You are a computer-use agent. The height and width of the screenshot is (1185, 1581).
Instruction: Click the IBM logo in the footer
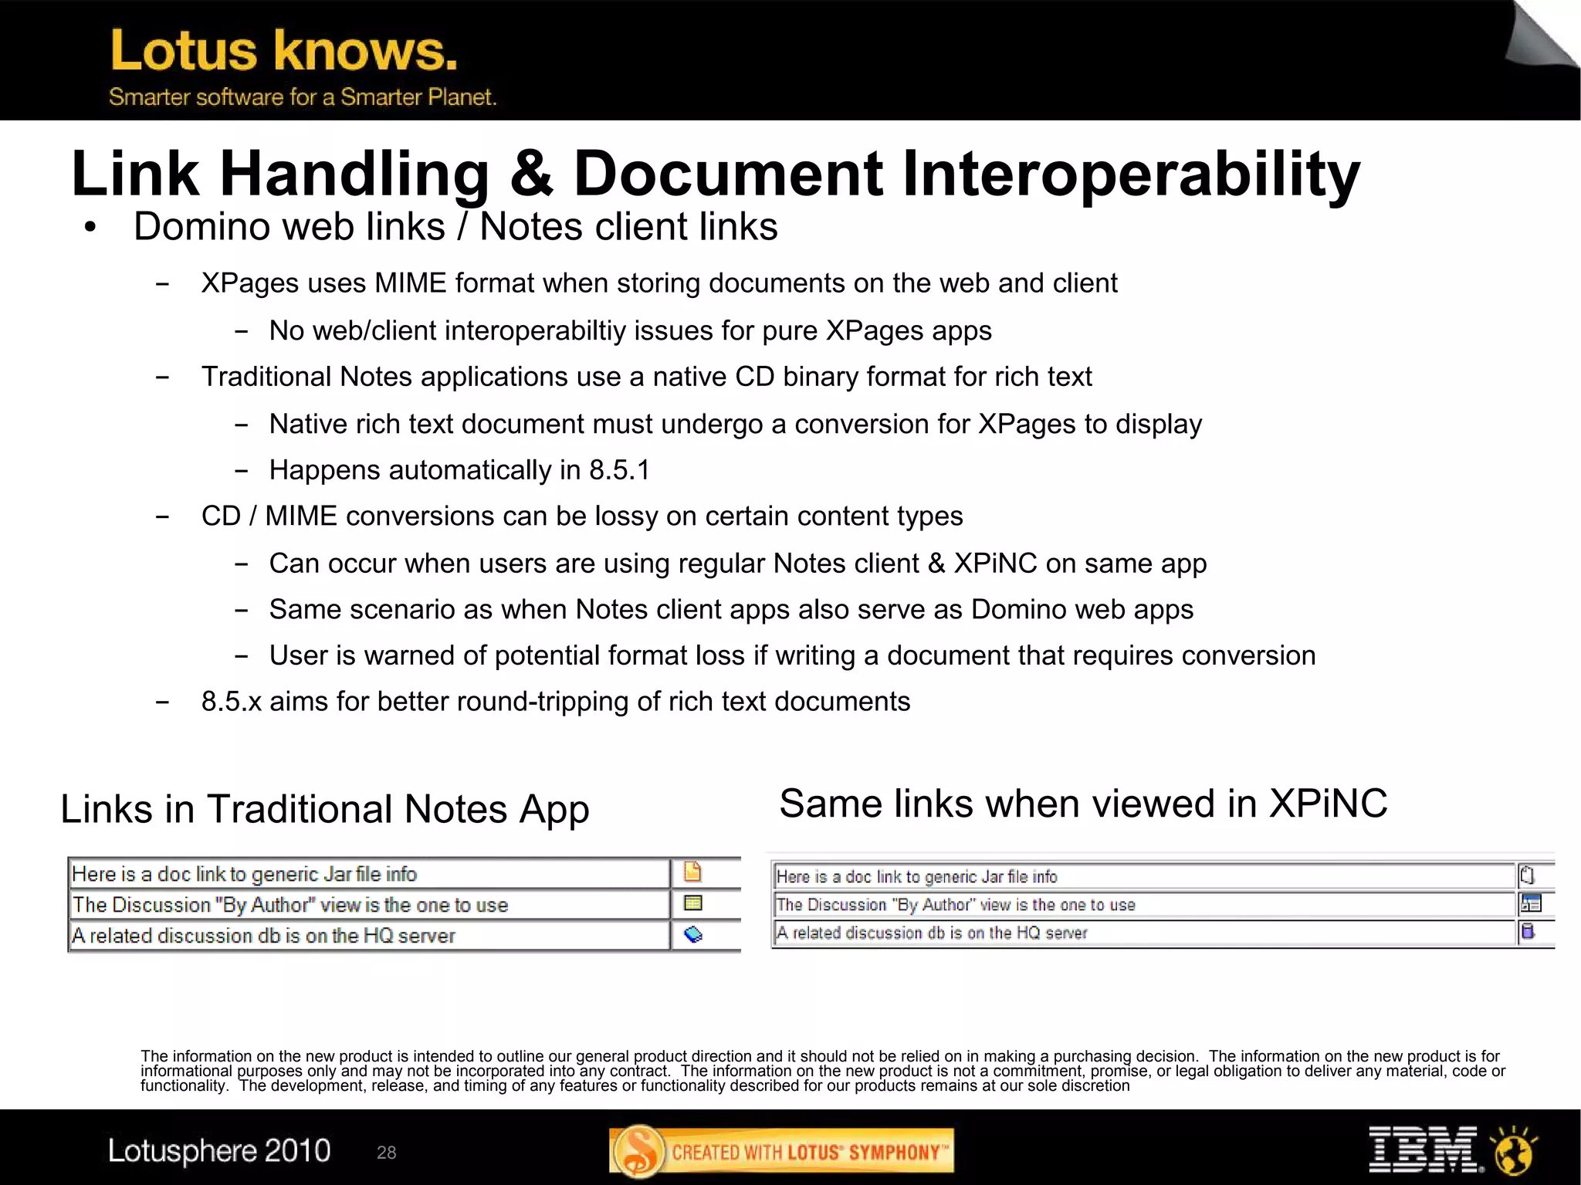tap(1423, 1149)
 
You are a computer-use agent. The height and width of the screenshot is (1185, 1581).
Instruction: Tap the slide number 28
tap(386, 1153)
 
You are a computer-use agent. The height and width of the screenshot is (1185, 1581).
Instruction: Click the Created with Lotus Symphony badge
tap(781, 1152)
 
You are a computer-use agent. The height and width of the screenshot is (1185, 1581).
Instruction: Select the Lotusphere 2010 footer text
tap(219, 1151)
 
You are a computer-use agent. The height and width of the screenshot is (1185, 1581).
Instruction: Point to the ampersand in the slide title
tap(531, 174)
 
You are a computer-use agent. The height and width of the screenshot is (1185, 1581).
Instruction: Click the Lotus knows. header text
tap(283, 51)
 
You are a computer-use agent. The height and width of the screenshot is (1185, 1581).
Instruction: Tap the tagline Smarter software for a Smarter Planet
tap(302, 97)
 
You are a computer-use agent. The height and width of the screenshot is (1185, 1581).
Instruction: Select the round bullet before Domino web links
tap(91, 228)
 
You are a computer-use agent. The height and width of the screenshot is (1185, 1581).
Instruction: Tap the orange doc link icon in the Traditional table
tap(692, 872)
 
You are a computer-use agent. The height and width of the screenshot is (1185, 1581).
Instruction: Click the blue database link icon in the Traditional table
tap(693, 935)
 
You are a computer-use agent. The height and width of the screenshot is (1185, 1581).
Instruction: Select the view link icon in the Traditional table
tap(693, 903)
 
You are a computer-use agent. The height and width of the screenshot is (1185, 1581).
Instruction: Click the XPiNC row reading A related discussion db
tap(931, 933)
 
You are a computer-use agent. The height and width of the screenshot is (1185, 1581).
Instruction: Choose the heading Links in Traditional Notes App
tap(324, 810)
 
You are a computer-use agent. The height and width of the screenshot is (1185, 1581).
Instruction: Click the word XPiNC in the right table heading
tap(1328, 804)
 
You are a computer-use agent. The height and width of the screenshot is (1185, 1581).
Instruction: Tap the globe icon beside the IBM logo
tap(1514, 1150)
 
